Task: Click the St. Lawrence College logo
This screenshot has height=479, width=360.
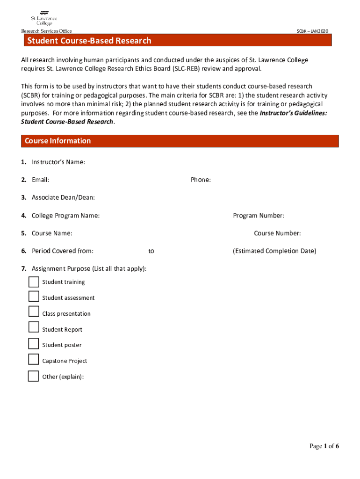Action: [44, 18]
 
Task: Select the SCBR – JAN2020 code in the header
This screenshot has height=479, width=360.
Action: [312, 31]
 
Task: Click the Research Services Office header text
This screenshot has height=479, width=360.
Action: [46, 31]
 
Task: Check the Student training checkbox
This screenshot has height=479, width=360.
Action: [34, 282]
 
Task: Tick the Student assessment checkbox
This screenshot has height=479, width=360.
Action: [34, 297]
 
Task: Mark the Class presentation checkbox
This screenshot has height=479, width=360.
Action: [34, 312]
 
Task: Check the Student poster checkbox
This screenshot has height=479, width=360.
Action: [34, 344]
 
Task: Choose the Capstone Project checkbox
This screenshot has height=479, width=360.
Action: [34, 359]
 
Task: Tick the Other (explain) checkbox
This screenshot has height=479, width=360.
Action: [34, 376]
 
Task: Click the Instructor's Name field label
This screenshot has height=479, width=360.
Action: [58, 162]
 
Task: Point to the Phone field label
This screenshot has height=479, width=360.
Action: [201, 180]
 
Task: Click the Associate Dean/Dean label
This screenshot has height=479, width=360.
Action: [63, 197]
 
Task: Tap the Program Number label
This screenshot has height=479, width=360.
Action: [259, 216]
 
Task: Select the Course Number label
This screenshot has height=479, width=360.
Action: [277, 233]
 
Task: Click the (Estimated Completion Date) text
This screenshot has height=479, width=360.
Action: [274, 251]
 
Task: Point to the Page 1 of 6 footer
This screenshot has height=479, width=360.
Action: [324, 446]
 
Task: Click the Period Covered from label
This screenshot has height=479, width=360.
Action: [62, 251]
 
